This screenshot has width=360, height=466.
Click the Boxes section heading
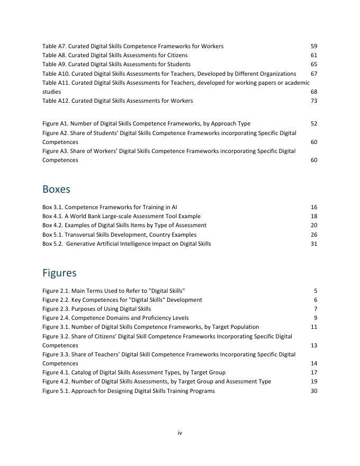point(56,190)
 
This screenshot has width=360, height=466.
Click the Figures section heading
point(59,273)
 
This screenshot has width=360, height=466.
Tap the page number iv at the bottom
point(180,433)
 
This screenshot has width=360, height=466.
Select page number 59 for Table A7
point(314,47)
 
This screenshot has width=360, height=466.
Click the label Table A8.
point(53,56)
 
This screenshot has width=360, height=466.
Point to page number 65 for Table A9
point(314,65)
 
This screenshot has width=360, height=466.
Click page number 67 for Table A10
point(314,74)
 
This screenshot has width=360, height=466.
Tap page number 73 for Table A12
point(314,101)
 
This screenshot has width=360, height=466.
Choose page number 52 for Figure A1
point(314,124)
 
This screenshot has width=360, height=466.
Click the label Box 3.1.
point(52,208)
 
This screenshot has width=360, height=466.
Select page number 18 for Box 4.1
point(314,217)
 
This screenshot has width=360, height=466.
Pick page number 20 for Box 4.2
point(314,226)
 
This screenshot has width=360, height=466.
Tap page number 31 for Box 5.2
point(314,244)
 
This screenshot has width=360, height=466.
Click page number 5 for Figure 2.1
point(316,291)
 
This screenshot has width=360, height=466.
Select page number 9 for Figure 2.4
point(316,318)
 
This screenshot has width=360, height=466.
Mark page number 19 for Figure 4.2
point(314,382)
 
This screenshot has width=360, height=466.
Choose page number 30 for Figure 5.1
point(314,391)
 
